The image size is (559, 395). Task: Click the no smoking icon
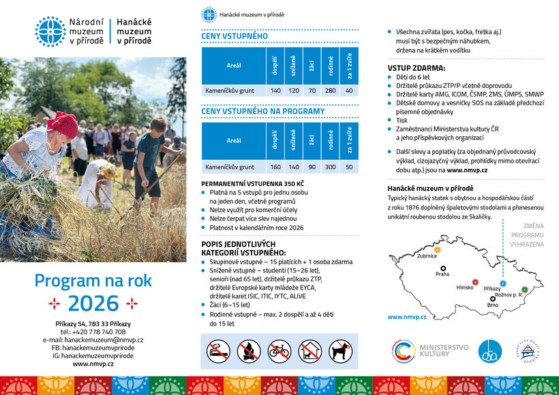pyautogui.click(x=218, y=351)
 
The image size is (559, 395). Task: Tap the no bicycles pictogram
pyautogui.click(x=279, y=351)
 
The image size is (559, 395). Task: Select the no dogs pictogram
pyautogui.click(x=340, y=351)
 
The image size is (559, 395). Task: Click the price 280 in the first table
pyautogui.click(x=331, y=90)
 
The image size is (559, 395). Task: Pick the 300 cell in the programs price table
pyautogui.click(x=331, y=166)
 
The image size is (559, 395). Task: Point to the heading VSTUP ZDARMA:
pyautogui.click(x=417, y=68)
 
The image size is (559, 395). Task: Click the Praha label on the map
pyautogui.click(x=442, y=274)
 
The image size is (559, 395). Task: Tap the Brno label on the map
pyautogui.click(x=493, y=305)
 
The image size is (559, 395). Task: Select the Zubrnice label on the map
pyautogui.click(x=427, y=256)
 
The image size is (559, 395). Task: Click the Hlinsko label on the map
pyautogui.click(x=465, y=287)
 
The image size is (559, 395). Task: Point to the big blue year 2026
pyautogui.click(x=93, y=303)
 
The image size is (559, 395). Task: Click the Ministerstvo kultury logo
pyautogui.click(x=430, y=351)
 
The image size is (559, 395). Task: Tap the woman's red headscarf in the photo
pyautogui.click(x=63, y=125)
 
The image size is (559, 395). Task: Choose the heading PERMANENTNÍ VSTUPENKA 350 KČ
pyautogui.click(x=252, y=184)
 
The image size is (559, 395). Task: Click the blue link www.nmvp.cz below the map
pyautogui.click(x=406, y=317)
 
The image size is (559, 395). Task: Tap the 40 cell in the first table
pyautogui.click(x=350, y=90)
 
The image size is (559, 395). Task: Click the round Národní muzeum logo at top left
pyautogui.click(x=50, y=31)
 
